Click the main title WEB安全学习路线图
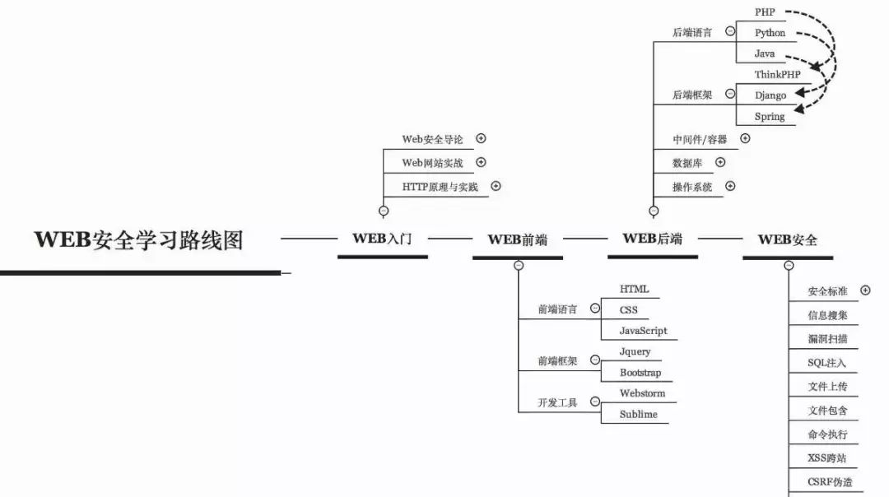(138, 240)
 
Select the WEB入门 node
(382, 239)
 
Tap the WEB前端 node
(517, 240)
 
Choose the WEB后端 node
(652, 239)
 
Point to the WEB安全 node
(787, 240)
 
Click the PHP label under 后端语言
(764, 12)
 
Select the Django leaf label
(770, 95)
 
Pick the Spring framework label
(769, 117)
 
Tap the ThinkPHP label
(777, 74)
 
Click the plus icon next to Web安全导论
(482, 139)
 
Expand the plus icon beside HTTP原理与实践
(496, 186)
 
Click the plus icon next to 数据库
(720, 162)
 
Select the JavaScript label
(643, 331)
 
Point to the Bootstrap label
(640, 373)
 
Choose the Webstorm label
(642, 393)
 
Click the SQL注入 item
(827, 362)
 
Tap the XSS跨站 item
(827, 458)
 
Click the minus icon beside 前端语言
(594, 309)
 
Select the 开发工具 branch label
(557, 403)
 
